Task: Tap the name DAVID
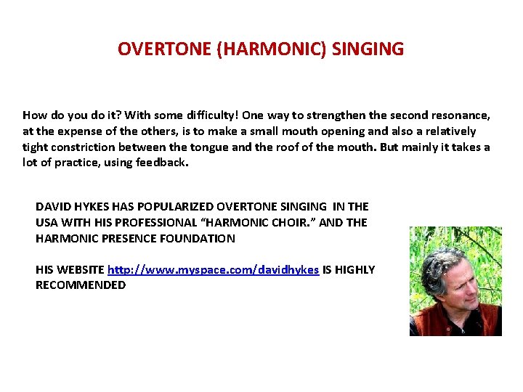(x=52, y=207)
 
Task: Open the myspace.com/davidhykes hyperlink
(x=213, y=270)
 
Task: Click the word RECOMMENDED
(x=81, y=285)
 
